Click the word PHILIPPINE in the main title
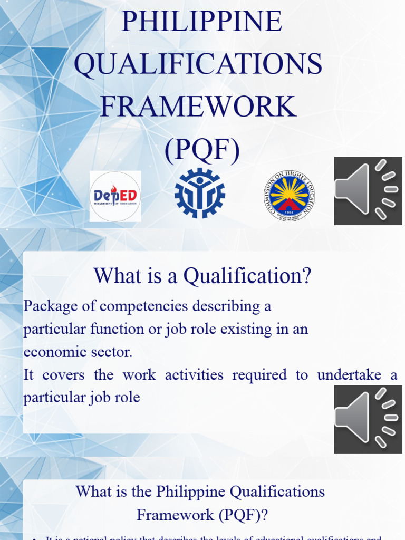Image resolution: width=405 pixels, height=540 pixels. (x=202, y=22)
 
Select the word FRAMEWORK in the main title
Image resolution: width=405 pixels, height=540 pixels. (x=198, y=107)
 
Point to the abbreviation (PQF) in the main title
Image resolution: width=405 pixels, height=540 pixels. (x=201, y=150)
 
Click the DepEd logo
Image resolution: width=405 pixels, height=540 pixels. (x=115, y=196)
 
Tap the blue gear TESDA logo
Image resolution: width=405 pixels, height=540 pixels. (x=200, y=193)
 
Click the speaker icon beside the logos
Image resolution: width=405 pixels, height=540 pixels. (x=368, y=190)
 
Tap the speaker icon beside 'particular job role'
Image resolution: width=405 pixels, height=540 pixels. (x=368, y=419)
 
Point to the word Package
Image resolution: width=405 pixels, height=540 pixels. (x=50, y=306)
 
